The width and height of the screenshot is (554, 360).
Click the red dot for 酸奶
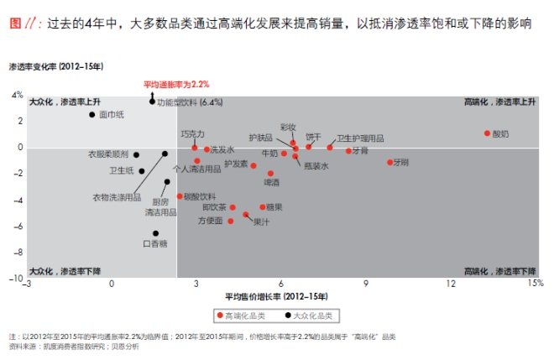[487, 133]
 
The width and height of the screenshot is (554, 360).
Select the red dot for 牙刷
[389, 162]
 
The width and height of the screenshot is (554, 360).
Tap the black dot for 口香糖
[155, 233]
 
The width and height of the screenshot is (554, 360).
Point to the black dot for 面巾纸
[92, 114]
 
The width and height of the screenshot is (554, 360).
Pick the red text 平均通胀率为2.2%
[176, 85]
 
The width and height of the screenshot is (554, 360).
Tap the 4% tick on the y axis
[18, 96]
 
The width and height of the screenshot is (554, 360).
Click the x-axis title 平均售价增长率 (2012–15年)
[277, 297]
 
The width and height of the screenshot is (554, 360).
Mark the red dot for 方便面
[231, 221]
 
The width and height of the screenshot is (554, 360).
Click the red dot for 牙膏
[348, 151]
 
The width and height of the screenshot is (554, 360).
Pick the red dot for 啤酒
[270, 173]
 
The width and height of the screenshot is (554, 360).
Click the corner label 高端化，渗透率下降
[500, 271]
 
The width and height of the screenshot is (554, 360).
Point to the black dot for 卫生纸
[141, 170]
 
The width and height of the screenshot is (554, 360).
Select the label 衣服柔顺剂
[108, 154]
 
